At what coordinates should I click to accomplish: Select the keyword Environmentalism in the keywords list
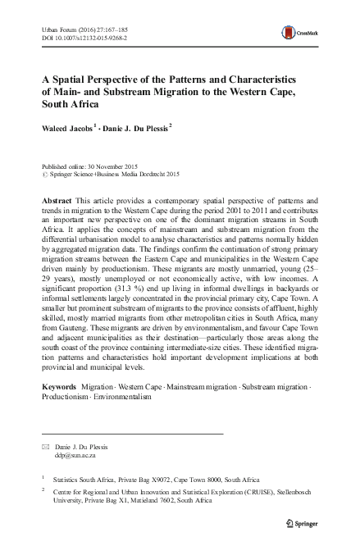coord(124,395)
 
